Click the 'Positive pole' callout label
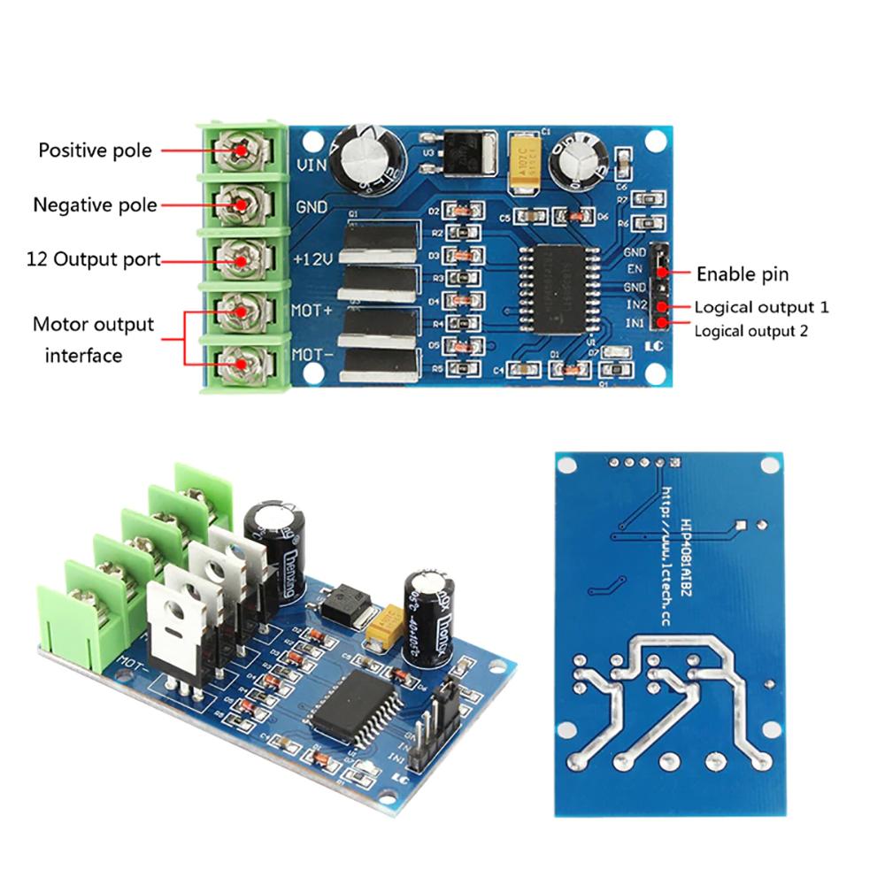95,150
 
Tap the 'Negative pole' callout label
95,205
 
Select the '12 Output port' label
93,260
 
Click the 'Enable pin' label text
742,274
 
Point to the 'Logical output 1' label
761,308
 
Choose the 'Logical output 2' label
750,332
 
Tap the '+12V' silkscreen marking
312,260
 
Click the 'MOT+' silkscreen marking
312,312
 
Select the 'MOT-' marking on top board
312,357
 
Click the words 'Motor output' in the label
93,324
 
